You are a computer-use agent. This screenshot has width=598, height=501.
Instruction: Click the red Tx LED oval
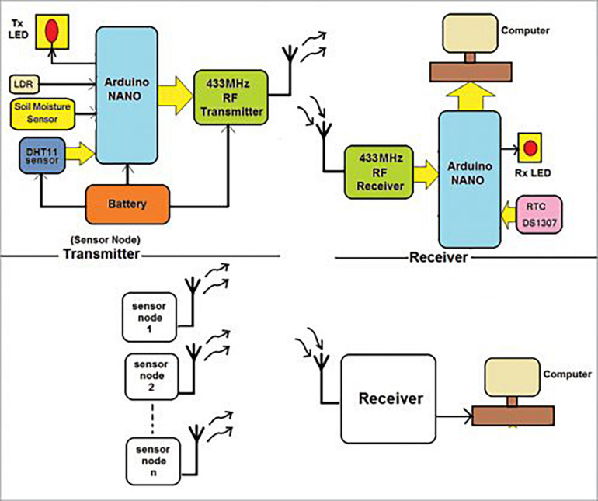(52, 30)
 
